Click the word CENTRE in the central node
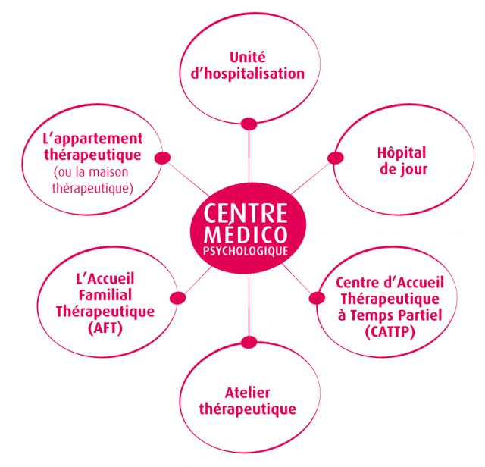pyautogui.click(x=246, y=213)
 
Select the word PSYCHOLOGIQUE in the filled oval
pyautogui.click(x=246, y=251)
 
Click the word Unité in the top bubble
pyautogui.click(x=248, y=57)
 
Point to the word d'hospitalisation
pyautogui.click(x=248, y=74)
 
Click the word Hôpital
pyautogui.click(x=402, y=152)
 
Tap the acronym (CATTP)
pyautogui.click(x=390, y=332)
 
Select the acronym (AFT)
pyautogui.click(x=105, y=328)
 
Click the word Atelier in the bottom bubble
pyautogui.click(x=248, y=393)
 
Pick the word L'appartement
pyautogui.click(x=92, y=139)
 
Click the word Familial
pyautogui.click(x=105, y=295)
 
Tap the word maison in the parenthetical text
pyautogui.click(x=109, y=172)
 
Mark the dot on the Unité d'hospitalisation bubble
pyautogui.click(x=249, y=124)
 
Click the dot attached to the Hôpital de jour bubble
pyautogui.click(x=335, y=158)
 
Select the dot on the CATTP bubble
pyautogui.click(x=317, y=298)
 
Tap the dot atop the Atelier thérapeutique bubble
pyautogui.click(x=249, y=342)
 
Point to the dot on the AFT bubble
pyautogui.click(x=178, y=298)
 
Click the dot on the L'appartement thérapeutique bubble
pyautogui.click(x=162, y=158)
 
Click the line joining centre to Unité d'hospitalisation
pyautogui.click(x=249, y=157)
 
